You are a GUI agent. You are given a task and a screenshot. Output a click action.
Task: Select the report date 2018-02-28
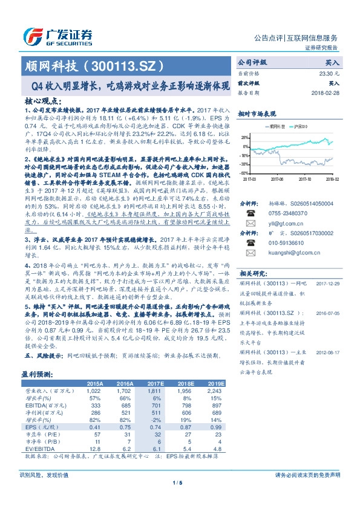[x=326, y=94]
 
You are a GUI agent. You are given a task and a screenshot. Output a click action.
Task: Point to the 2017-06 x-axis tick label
[x=277, y=179]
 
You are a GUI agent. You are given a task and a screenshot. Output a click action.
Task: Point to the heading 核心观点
[x=42, y=103]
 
